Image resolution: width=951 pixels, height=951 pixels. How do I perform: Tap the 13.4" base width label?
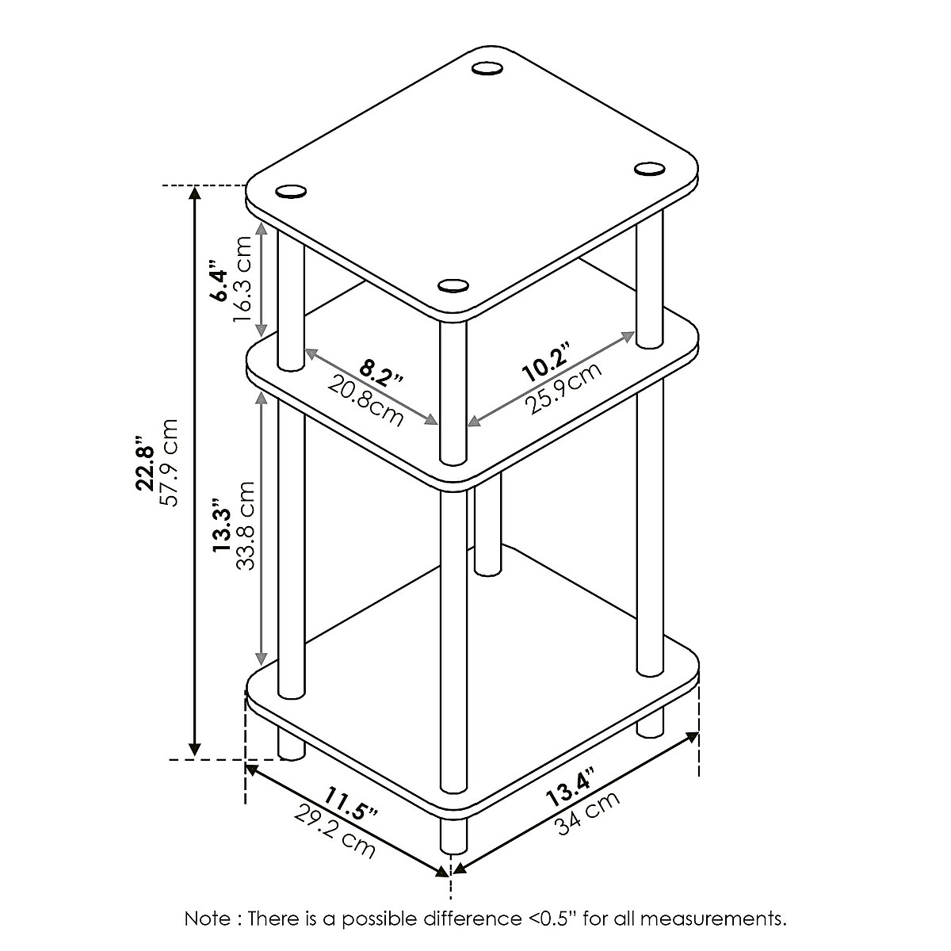coord(568,789)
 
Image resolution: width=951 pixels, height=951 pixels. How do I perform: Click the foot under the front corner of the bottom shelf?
coord(453,836)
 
